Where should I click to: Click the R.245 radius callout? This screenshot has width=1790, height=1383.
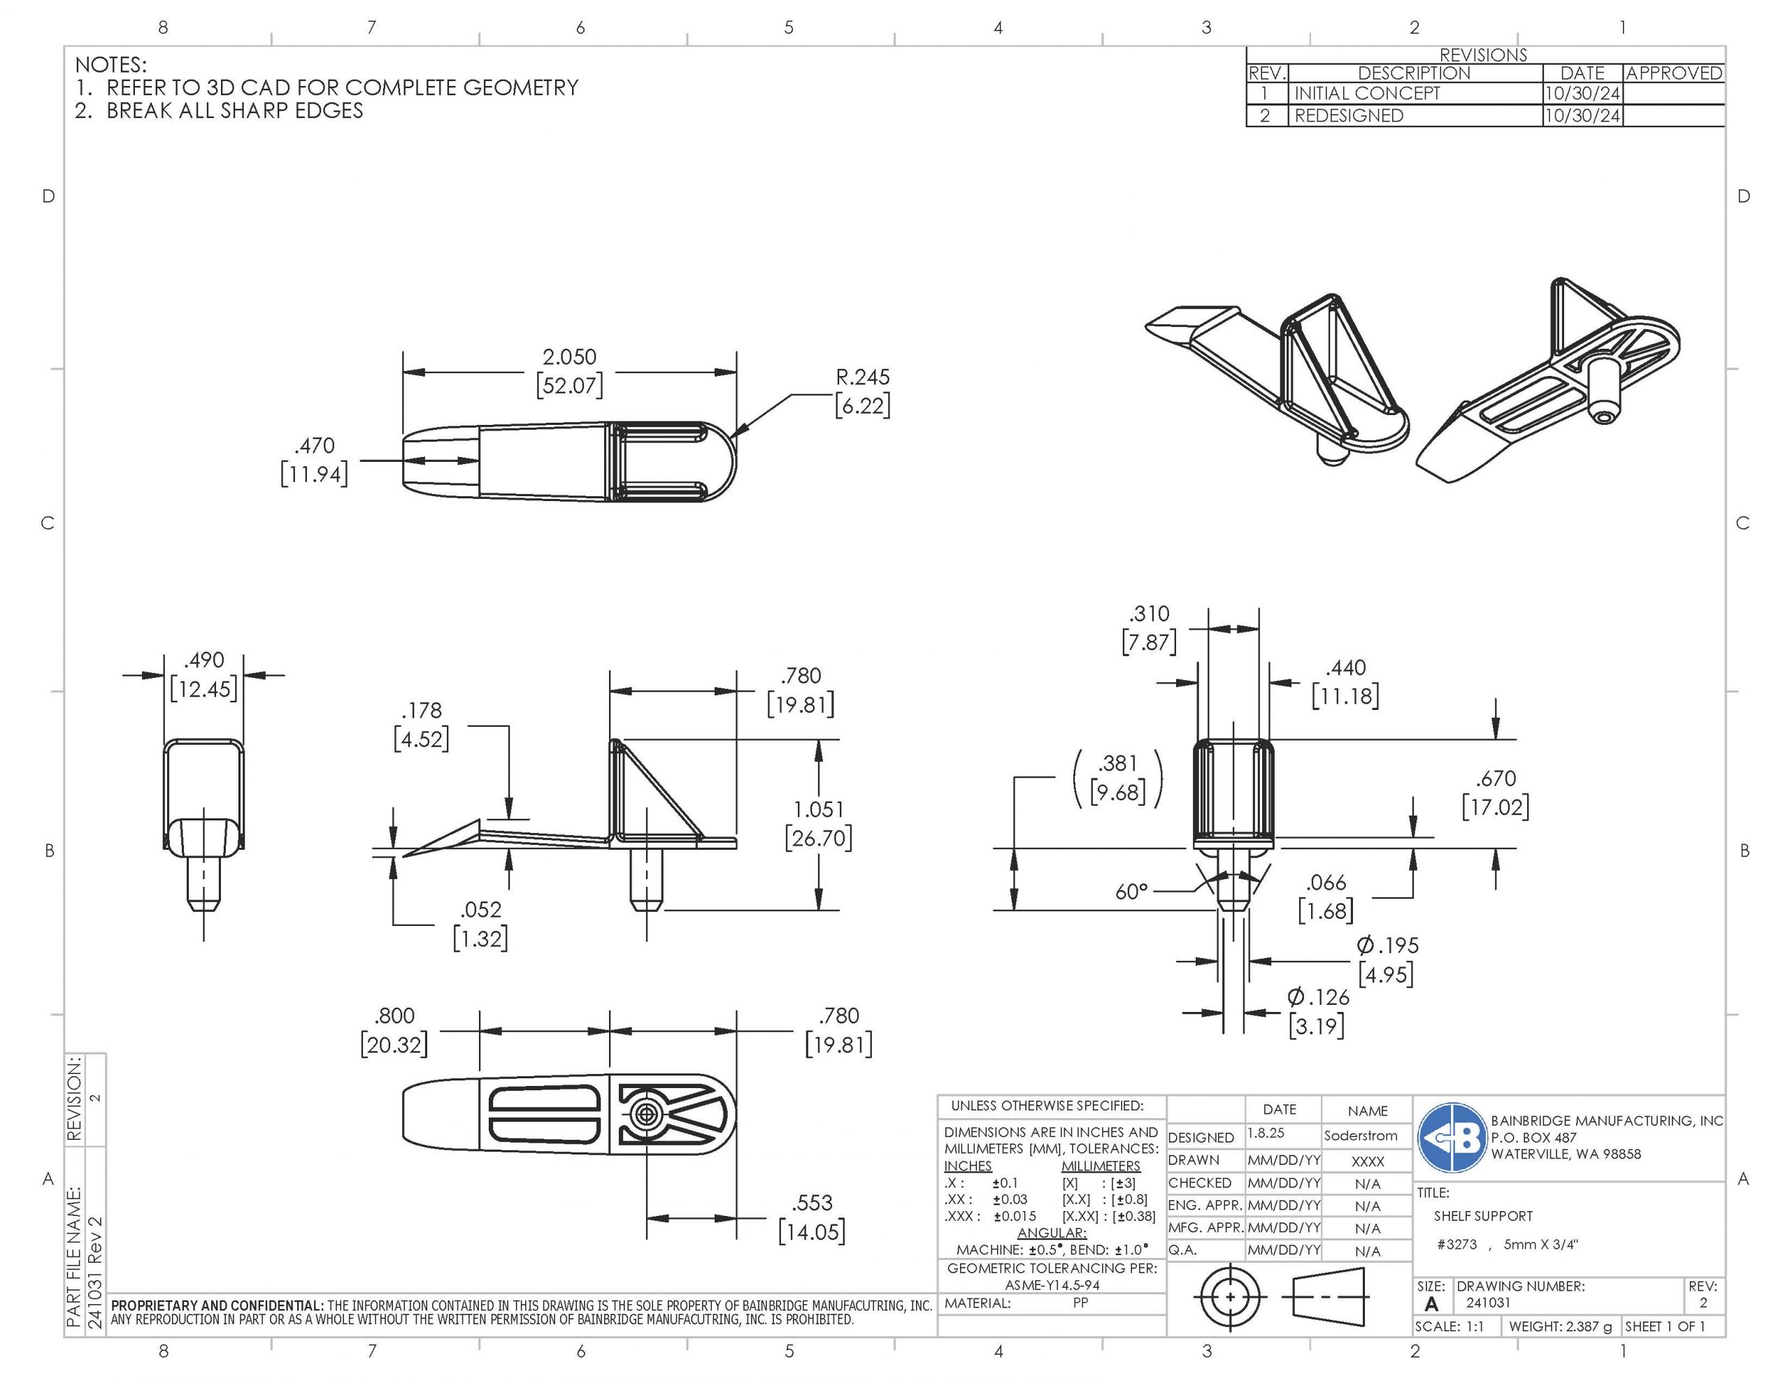point(862,391)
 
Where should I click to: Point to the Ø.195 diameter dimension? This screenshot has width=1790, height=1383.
point(1386,960)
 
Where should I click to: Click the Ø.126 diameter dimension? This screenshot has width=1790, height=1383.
point(1317,1011)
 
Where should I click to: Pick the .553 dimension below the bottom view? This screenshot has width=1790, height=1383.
point(811,1217)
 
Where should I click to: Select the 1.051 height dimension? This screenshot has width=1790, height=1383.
point(818,823)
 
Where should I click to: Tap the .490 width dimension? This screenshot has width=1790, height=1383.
point(203,674)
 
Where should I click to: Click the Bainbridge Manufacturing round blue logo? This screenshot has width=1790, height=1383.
point(1452,1137)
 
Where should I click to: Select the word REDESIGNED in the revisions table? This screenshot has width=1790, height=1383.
point(1348,115)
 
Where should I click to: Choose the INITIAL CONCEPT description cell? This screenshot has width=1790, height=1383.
point(1366,94)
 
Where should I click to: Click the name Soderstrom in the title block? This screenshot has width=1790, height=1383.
point(1361,1136)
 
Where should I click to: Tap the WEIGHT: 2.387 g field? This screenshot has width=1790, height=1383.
point(1560,1326)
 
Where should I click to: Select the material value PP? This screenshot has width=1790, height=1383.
point(1080,1303)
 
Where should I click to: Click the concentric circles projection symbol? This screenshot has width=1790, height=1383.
point(1229,1297)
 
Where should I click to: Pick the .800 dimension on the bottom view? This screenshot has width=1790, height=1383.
point(394,1030)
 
